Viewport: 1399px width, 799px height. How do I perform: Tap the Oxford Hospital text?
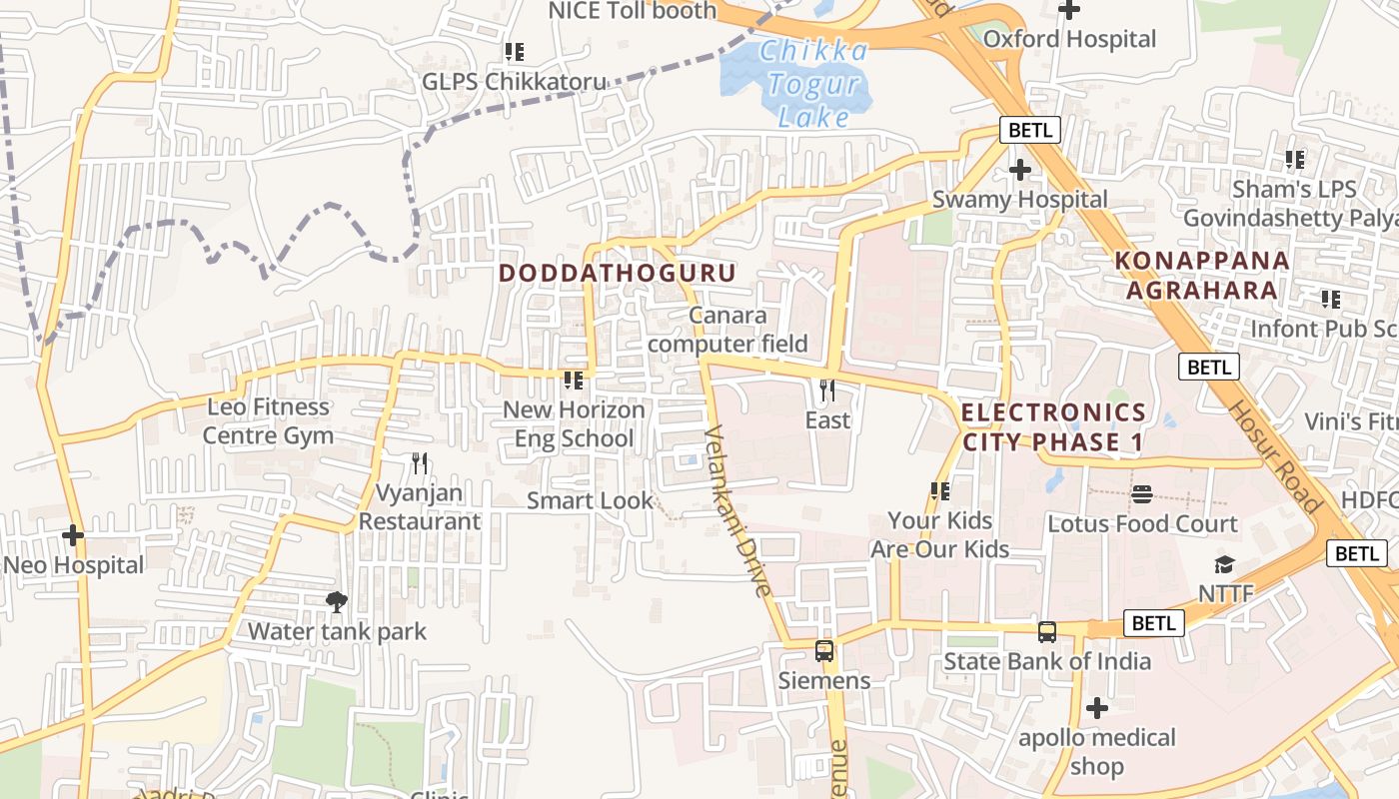pos(1069,39)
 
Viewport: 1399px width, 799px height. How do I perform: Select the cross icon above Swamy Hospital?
pos(1019,170)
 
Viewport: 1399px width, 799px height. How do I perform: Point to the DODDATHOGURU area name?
pos(617,273)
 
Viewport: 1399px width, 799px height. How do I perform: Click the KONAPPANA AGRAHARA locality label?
pos(1201,276)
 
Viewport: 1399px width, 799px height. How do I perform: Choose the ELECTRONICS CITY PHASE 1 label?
pos(1053,426)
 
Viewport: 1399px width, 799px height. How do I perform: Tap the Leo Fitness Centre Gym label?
pos(268,421)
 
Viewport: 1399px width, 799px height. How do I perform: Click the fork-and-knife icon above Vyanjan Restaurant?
pos(420,463)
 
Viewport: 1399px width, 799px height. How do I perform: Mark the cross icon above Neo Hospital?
pos(73,535)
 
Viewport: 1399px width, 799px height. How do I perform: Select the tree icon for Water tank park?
pos(337,601)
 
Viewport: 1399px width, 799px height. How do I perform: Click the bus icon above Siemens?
pos(824,651)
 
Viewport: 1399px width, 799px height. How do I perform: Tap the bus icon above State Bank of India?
pos(1046,631)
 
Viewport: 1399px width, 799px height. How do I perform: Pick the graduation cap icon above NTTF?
pos(1225,564)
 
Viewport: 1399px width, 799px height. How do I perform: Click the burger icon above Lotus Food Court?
pos(1142,494)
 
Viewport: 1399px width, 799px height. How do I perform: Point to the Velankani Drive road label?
pos(738,511)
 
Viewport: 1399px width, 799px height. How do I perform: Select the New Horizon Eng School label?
pos(574,424)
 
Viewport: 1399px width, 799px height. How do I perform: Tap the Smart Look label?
pos(590,500)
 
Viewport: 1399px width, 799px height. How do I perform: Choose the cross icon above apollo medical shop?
pos(1096,709)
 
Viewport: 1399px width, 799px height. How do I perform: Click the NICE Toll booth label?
pos(632,11)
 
